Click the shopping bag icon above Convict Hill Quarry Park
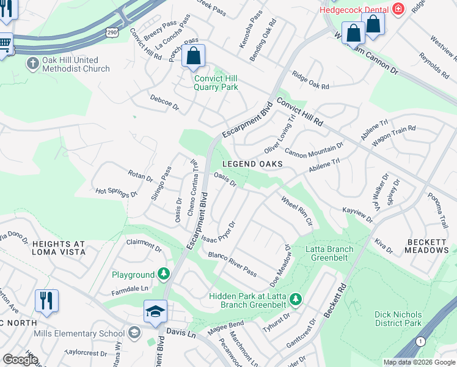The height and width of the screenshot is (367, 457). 193,56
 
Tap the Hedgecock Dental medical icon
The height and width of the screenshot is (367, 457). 398,9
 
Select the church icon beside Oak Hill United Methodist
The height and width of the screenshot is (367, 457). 33,62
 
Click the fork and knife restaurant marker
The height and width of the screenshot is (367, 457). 46,300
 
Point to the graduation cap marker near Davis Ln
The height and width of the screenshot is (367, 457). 156,311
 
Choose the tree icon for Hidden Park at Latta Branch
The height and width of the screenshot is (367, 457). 295,299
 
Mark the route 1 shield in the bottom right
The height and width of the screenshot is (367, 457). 419,341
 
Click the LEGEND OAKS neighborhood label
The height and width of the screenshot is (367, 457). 252,164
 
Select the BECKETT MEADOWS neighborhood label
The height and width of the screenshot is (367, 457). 427,246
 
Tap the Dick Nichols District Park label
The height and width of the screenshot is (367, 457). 398,319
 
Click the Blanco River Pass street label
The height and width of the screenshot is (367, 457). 232,263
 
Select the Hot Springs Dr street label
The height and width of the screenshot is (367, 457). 116,192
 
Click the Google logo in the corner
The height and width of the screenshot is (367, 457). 20,360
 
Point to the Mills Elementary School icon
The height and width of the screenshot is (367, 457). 134,333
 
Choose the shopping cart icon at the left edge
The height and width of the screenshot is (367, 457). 5,43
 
